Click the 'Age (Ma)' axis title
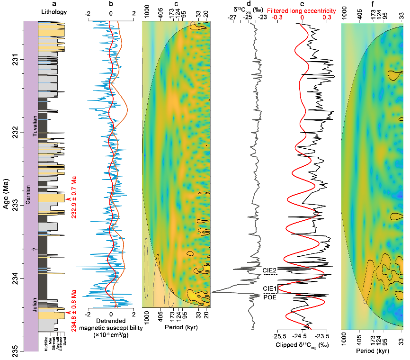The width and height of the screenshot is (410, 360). coord(6,187)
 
